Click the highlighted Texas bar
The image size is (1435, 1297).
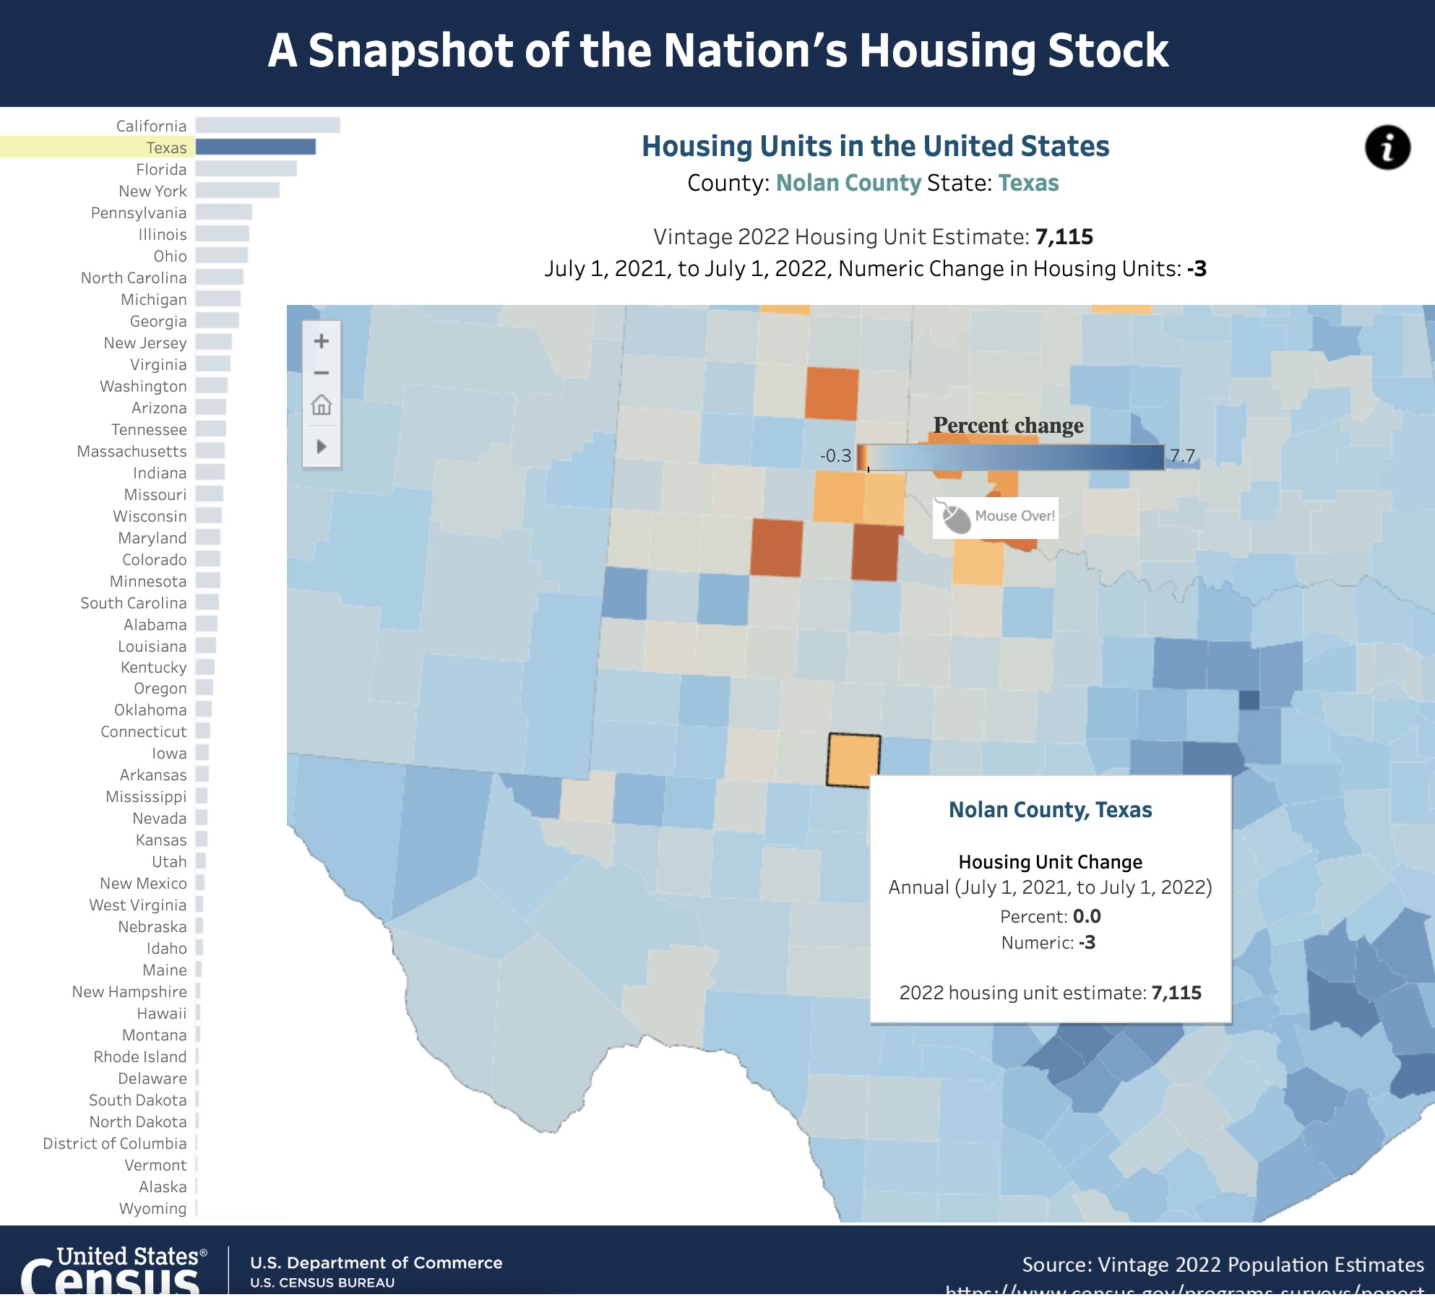tap(256, 147)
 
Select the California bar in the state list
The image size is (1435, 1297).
tap(267, 126)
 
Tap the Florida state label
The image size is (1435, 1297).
tap(161, 169)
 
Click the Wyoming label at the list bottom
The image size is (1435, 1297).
tap(152, 1208)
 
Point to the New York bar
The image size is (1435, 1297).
tap(237, 191)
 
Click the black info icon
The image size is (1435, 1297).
tap(1387, 147)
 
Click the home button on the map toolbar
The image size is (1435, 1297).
tap(322, 405)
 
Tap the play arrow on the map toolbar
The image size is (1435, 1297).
tap(322, 446)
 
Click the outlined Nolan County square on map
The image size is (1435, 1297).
tap(853, 759)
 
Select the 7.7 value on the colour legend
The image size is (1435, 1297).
tap(1183, 456)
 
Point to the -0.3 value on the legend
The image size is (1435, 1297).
tap(835, 456)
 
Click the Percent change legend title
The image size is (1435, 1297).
tap(1008, 425)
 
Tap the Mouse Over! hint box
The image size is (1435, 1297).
tap(996, 517)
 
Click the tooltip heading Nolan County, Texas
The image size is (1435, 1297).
tap(1050, 810)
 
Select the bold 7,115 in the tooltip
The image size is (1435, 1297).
tap(1176, 993)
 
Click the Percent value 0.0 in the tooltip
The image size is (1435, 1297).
tap(1087, 916)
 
